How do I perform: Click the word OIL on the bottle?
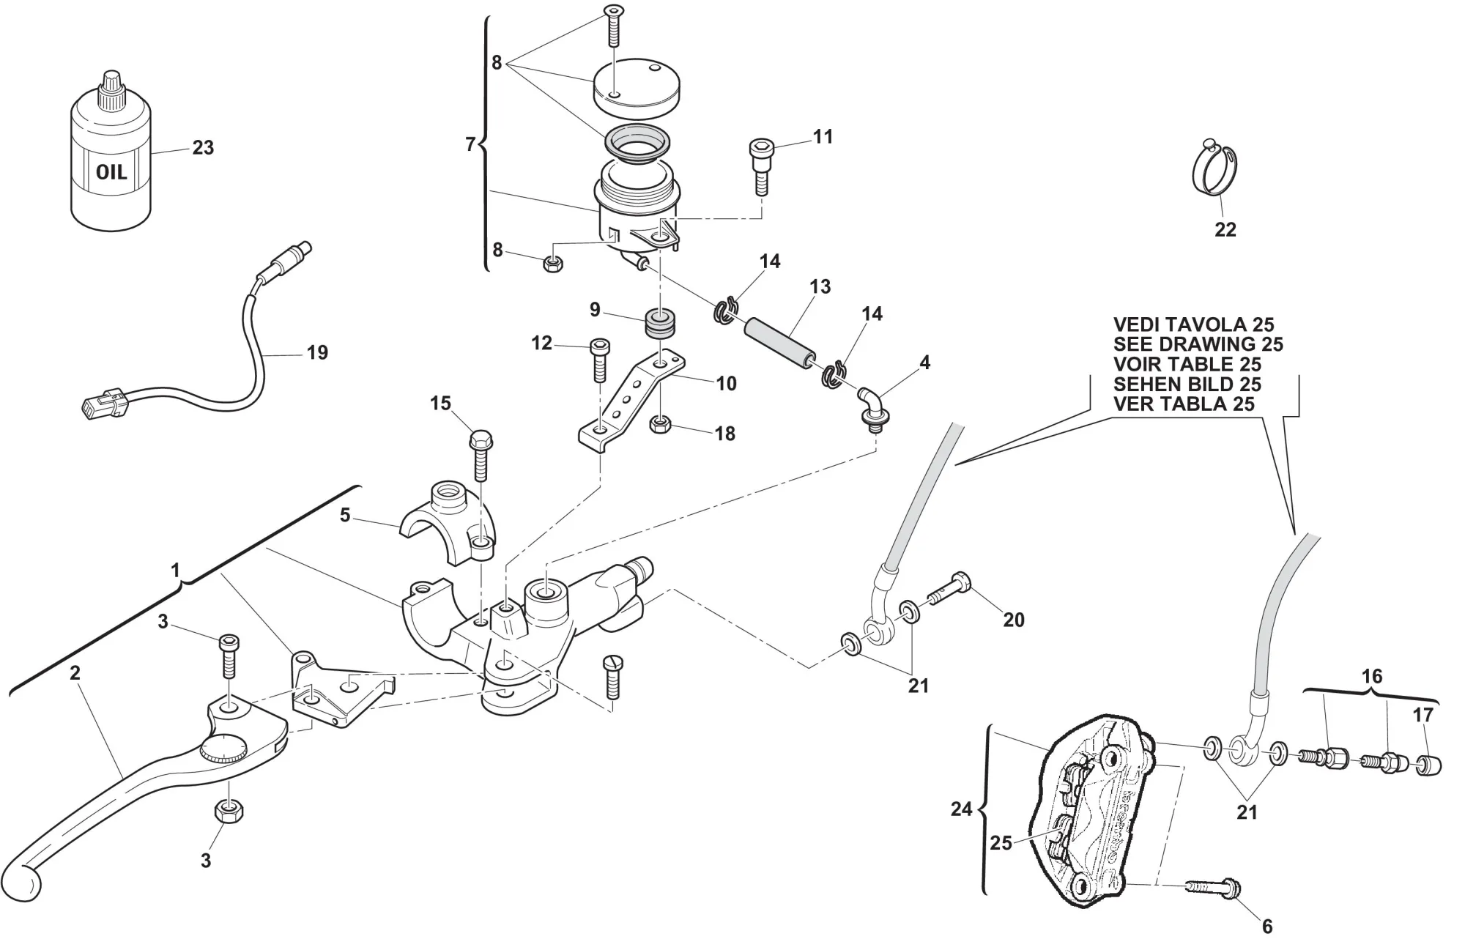tap(111, 173)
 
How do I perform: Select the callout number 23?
tap(203, 148)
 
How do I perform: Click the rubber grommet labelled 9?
tap(660, 324)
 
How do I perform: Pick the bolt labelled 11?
tap(760, 166)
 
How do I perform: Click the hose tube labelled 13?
tap(781, 340)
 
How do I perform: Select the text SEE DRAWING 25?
tap(1198, 344)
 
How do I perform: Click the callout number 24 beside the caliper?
tap(961, 809)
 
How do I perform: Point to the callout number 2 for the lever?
tap(75, 673)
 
